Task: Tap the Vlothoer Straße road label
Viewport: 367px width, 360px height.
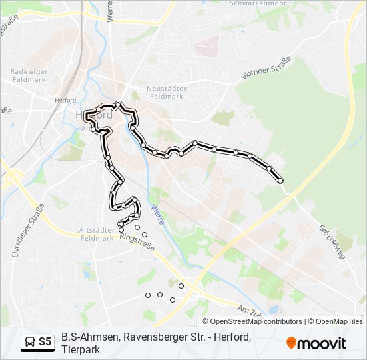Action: pyautogui.click(x=266, y=69)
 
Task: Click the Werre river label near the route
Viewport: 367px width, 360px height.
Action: pyautogui.click(x=158, y=215)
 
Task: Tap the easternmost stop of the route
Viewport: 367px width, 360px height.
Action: pyautogui.click(x=280, y=181)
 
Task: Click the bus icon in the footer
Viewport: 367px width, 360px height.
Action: pyautogui.click(x=30, y=342)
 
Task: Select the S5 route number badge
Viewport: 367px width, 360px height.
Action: pyautogui.click(x=45, y=342)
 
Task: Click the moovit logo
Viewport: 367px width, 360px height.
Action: pyautogui.click(x=316, y=343)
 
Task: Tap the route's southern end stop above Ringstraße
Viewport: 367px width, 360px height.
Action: pyautogui.click(x=121, y=230)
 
